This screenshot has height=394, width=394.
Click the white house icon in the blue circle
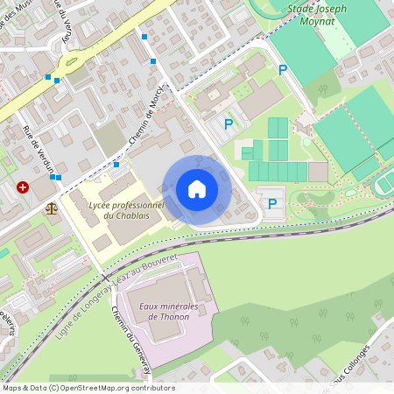point(197,189)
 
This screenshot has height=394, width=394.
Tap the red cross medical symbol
point(23,187)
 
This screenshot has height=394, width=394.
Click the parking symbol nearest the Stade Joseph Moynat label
point(282,70)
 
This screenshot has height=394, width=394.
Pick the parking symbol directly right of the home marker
point(272,203)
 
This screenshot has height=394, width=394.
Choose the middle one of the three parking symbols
point(229,124)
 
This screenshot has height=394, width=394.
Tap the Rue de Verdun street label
point(39,149)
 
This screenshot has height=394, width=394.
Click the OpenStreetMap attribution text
point(88,388)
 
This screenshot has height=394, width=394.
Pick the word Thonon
point(165,316)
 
